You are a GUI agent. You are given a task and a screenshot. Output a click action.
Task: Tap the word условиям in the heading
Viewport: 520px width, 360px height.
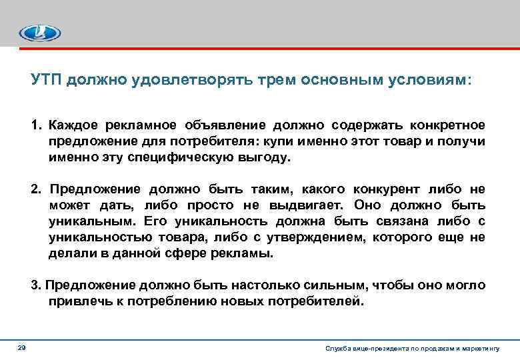(434, 80)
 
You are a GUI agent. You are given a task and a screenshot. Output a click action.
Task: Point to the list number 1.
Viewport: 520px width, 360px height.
(35, 126)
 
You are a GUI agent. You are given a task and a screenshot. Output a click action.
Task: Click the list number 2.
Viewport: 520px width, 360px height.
(35, 189)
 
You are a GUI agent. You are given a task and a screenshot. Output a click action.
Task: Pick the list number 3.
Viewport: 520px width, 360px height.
(35, 285)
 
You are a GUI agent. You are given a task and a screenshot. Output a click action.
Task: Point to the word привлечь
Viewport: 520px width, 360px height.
(75, 301)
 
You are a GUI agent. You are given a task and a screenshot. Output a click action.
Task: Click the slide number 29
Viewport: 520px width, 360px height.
(22, 349)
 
